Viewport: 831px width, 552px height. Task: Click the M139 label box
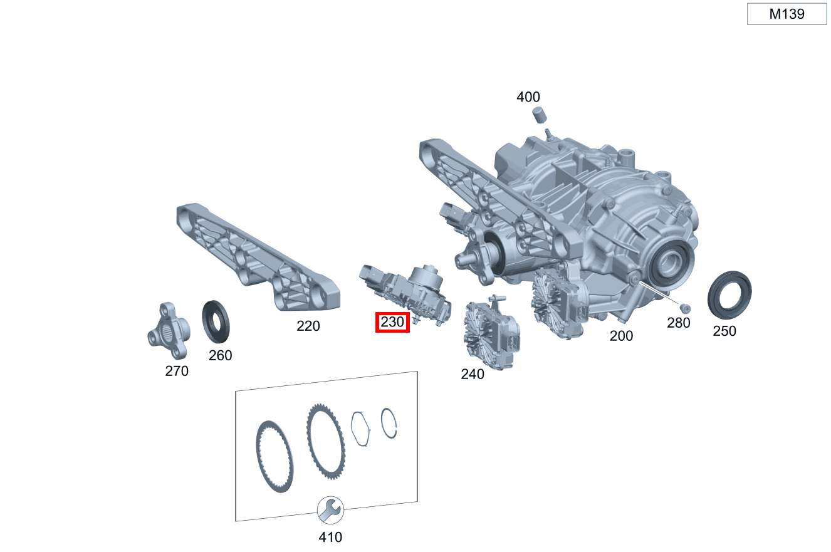787,14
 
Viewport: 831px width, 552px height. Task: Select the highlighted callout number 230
392,322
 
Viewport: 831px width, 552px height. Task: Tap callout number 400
528,97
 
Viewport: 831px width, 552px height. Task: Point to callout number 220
308,326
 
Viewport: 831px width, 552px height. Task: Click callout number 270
177,371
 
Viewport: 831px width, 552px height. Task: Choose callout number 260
220,355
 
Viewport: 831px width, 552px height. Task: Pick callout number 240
473,374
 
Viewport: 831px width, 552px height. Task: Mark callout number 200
621,336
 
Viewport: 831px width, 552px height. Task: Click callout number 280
678,323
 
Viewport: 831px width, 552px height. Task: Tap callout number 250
724,331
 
